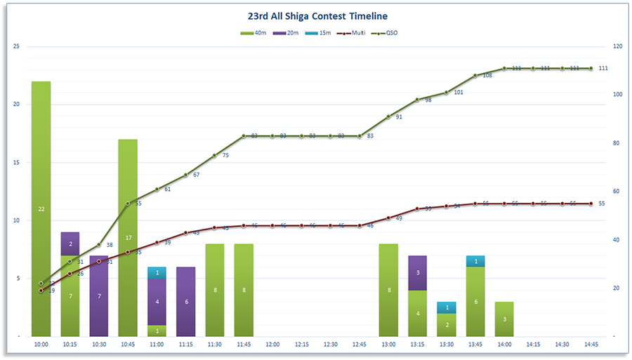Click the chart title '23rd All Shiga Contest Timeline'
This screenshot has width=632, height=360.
(317, 15)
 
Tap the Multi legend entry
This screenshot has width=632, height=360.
(352, 33)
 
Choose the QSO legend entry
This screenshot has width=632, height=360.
(386, 33)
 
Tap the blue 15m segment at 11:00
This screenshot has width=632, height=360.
(157, 273)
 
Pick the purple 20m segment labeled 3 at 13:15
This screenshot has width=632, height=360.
(417, 273)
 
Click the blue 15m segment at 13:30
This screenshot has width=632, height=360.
(447, 307)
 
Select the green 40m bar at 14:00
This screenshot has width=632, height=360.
(504, 319)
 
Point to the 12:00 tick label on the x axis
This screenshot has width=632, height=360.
(272, 345)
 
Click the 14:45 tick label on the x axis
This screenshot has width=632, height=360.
(591, 345)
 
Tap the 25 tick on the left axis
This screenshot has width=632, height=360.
(16, 46)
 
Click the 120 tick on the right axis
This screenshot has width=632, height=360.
(618, 46)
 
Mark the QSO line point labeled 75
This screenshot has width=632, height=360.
(215, 155)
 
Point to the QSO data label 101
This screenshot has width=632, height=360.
(459, 92)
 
